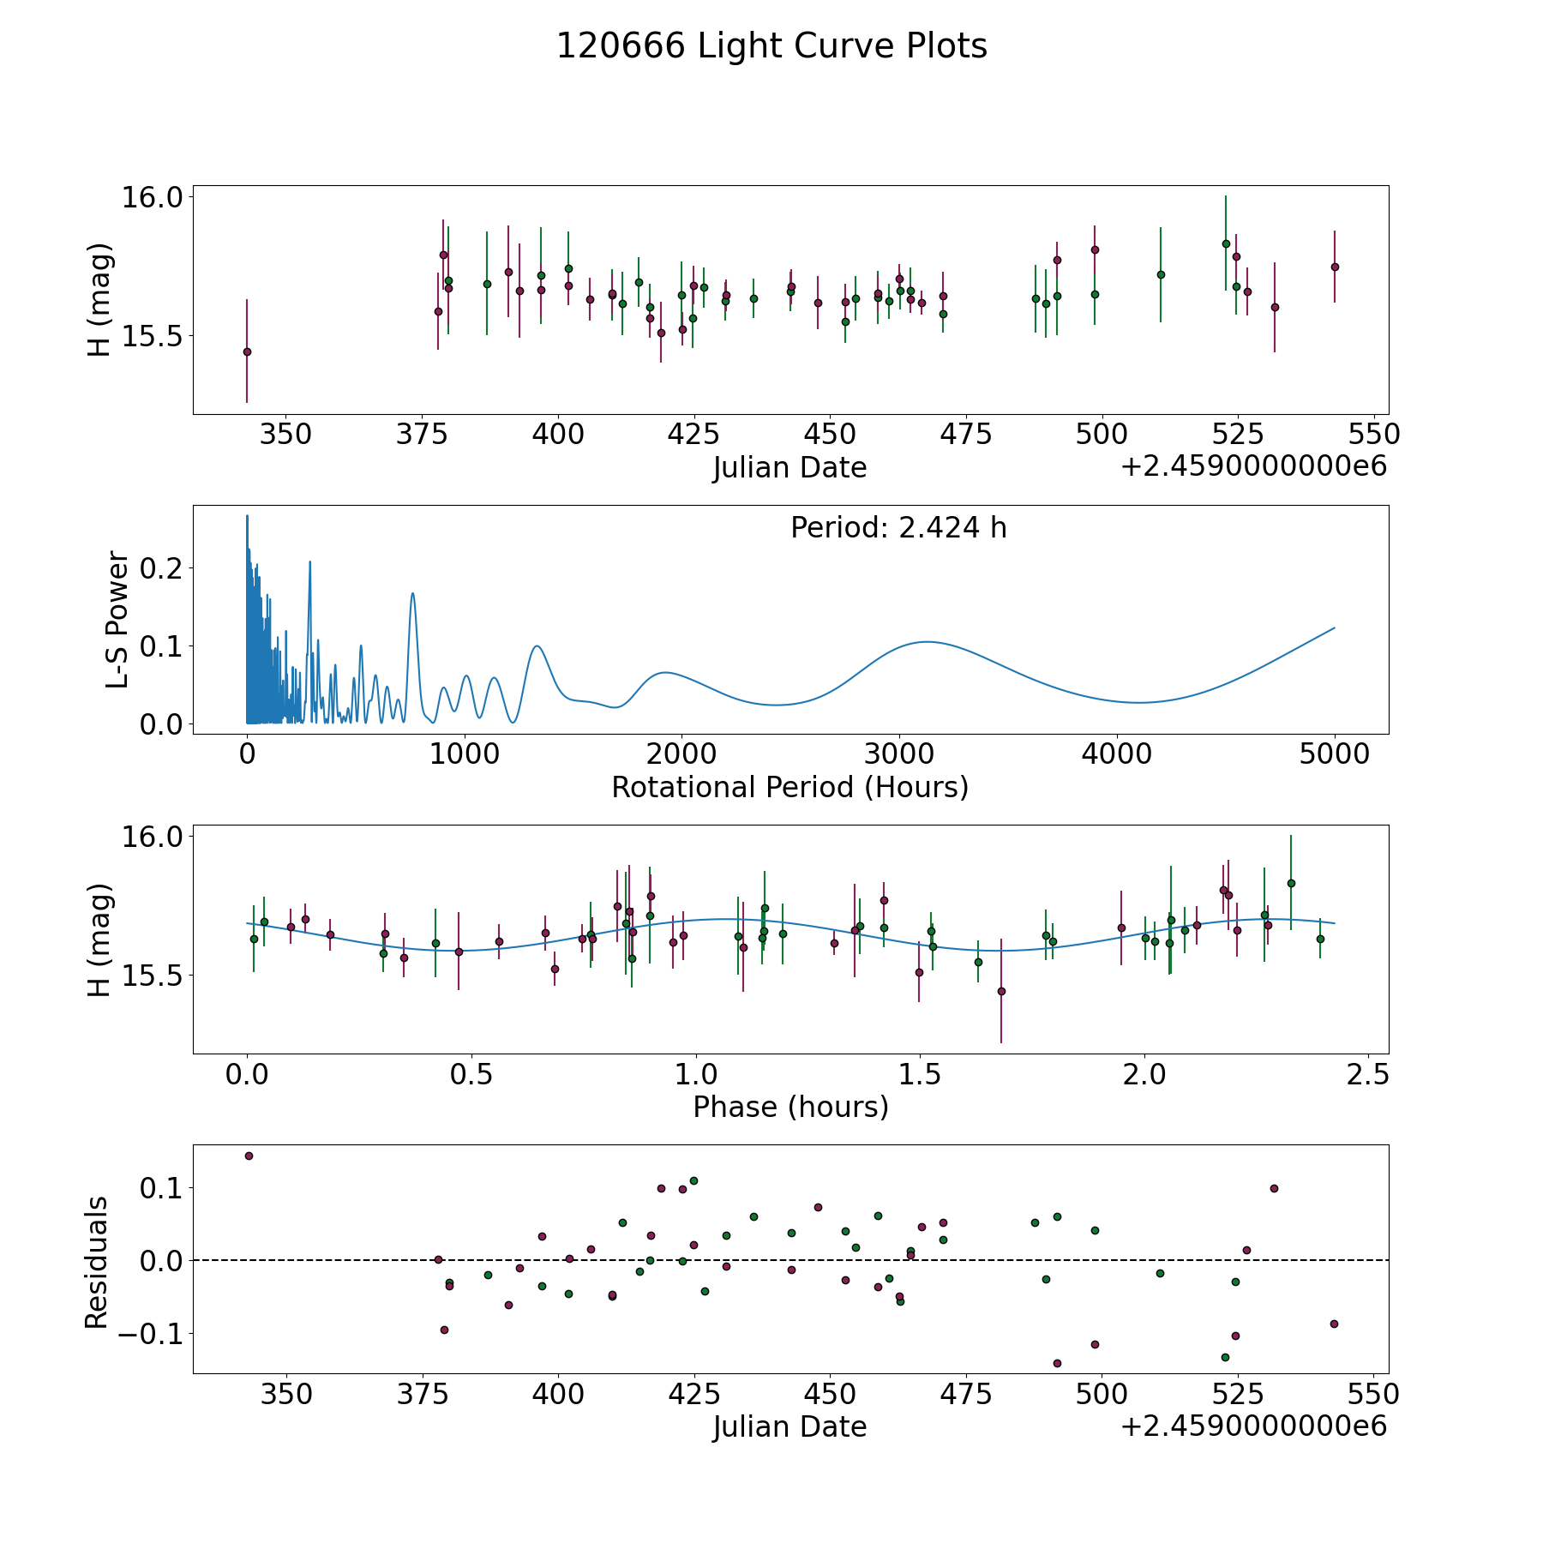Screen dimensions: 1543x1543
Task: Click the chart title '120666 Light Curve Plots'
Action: [771, 46]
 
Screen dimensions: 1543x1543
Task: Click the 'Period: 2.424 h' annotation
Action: [898, 528]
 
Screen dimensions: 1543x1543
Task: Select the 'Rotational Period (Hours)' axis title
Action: [790, 787]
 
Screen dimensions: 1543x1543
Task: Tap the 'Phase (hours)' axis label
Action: [790, 1107]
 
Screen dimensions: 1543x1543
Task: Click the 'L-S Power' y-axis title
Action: [117, 620]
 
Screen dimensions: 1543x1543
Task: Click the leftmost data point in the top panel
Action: [247, 351]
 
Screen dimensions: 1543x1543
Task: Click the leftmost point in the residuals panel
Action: [249, 1156]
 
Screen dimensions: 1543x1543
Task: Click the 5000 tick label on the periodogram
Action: [1334, 754]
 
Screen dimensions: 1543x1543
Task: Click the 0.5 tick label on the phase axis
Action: [471, 1074]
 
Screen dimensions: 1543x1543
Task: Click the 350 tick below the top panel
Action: [285, 435]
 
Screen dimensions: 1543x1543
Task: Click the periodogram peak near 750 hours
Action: [412, 593]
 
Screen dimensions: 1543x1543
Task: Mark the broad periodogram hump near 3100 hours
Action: [926, 641]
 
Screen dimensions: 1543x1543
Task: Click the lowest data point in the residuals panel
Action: [1057, 1363]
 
